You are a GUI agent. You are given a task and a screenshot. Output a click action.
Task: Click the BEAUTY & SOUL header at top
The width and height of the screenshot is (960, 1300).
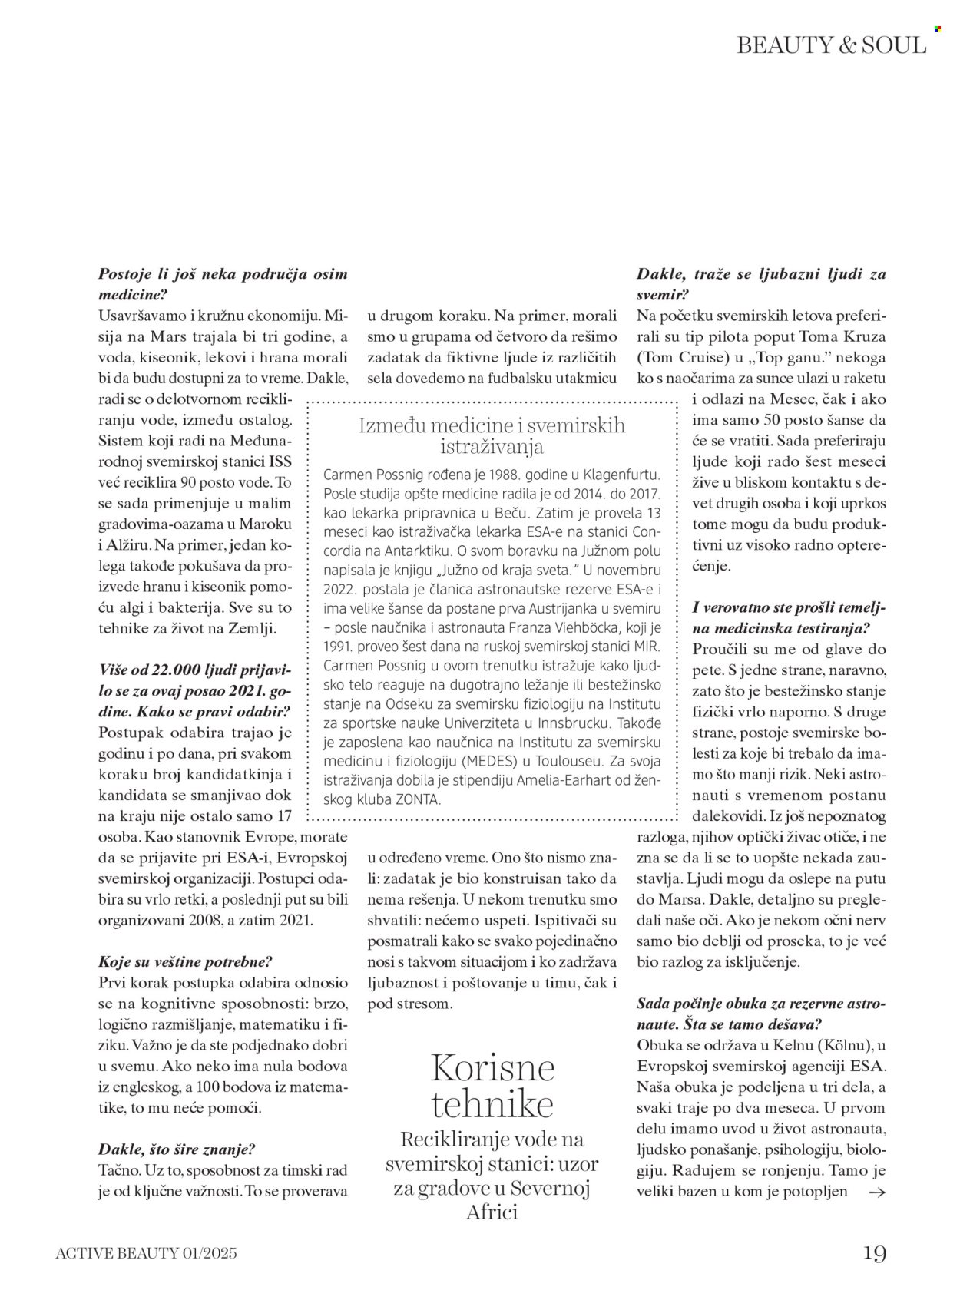[x=831, y=45]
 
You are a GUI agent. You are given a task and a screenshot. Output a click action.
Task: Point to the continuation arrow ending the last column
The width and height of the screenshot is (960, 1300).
[x=876, y=1192]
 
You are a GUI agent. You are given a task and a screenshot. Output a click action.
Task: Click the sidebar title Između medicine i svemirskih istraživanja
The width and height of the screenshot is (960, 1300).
[x=492, y=436]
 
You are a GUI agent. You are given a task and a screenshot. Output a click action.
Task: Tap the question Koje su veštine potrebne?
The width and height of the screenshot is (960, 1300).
[x=186, y=961]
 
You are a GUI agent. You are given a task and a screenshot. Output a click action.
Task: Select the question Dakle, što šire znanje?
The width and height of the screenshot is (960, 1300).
[x=177, y=1149]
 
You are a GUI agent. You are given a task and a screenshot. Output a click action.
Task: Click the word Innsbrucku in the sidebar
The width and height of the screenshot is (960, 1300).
[x=570, y=722]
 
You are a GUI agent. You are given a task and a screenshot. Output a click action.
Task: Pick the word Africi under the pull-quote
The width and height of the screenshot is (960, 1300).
[x=492, y=1212]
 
